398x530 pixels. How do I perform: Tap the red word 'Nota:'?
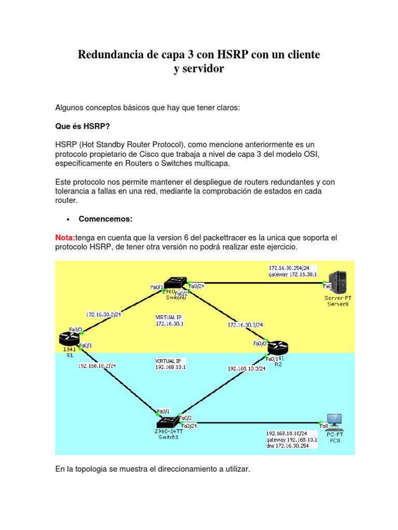[65, 237]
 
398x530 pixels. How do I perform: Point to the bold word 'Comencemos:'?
[106, 219]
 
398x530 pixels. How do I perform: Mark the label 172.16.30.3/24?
[245, 325]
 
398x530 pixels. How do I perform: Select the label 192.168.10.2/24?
[97, 365]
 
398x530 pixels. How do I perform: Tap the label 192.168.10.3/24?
[247, 369]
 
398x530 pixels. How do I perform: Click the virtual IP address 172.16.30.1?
[170, 323]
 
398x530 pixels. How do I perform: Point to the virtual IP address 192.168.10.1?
[170, 366]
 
